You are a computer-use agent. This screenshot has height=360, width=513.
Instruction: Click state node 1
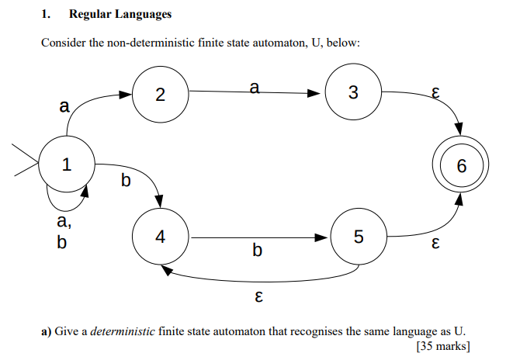coord(66,164)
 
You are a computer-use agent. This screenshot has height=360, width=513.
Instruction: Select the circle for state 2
coord(160,94)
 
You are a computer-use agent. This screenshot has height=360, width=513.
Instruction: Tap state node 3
coord(353,94)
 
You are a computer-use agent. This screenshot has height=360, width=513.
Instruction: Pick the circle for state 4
coord(160,237)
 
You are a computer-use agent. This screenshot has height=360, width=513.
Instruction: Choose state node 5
coord(358,237)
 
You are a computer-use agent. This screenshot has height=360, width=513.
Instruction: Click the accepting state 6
coord(463,166)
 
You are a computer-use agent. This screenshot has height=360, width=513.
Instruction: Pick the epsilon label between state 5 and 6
coord(435,244)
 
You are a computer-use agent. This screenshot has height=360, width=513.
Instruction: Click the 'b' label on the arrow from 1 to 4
coord(127,182)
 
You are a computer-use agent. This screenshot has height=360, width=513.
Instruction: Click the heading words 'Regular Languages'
coord(120,14)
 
